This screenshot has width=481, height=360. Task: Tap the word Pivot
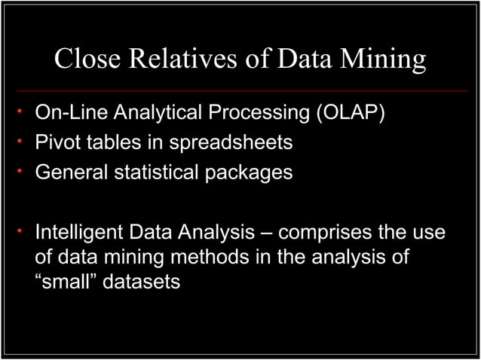pyautogui.click(x=57, y=142)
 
